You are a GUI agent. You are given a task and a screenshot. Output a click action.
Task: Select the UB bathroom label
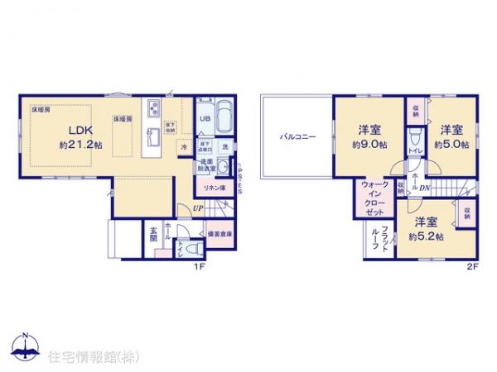pyautogui.click(x=204, y=119)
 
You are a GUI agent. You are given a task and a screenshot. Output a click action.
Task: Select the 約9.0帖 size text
pyautogui.click(x=369, y=143)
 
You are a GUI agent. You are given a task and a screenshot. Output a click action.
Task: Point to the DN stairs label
pyautogui.click(x=424, y=189)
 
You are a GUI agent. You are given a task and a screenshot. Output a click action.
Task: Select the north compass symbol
pyautogui.click(x=26, y=347)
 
